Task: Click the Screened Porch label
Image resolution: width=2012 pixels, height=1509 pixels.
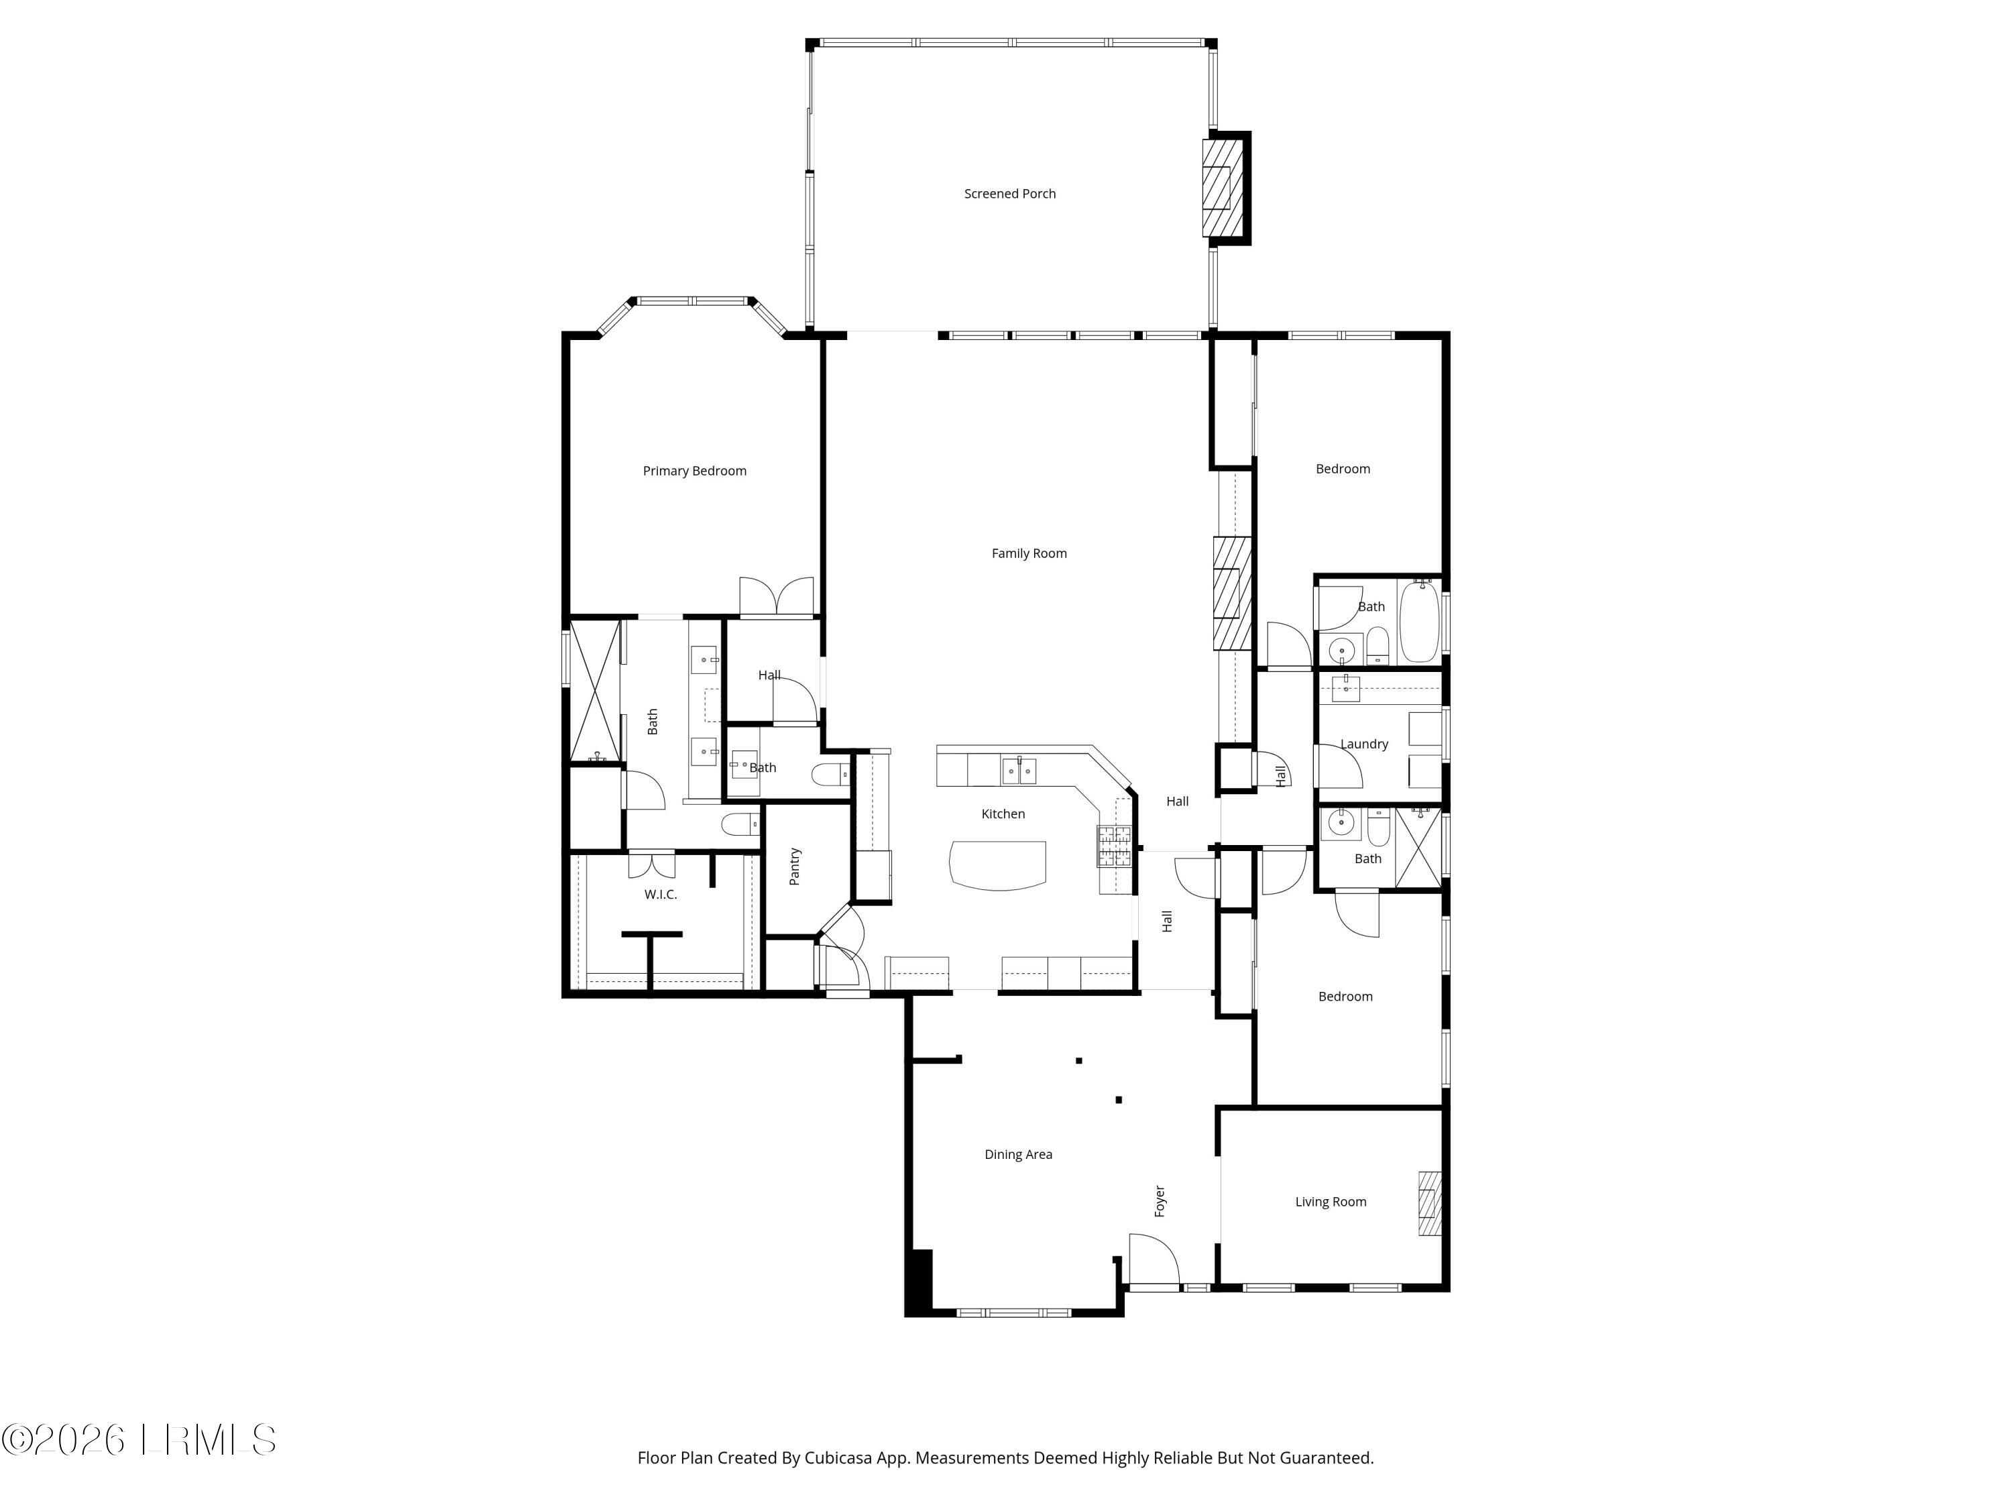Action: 1009,194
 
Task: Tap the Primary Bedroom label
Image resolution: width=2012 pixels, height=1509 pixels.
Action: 694,471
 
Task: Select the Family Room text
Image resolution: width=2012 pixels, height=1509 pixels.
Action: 1029,553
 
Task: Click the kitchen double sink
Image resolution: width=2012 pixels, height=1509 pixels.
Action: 1019,771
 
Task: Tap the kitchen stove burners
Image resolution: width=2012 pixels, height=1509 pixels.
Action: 1114,846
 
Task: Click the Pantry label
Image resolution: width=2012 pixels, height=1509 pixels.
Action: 795,866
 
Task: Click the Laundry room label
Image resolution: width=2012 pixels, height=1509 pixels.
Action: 1363,744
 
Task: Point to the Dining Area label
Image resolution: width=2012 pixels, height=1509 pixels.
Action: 1018,1154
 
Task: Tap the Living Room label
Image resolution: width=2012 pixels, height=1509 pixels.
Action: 1331,1202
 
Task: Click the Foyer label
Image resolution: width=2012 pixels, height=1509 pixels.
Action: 1160,1200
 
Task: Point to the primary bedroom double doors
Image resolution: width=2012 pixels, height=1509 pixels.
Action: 776,597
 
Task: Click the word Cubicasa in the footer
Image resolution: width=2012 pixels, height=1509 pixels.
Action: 840,1458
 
